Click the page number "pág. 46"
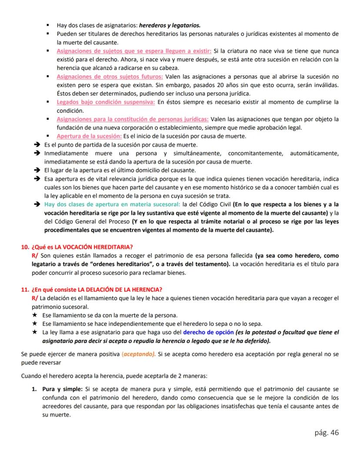tap(326, 432)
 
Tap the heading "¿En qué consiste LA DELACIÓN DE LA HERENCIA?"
tap(97, 290)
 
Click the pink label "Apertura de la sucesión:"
tap(90, 136)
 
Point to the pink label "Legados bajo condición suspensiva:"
tap(106, 102)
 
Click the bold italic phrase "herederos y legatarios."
tap(170, 25)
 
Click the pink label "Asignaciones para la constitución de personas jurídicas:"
tap(133, 119)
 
